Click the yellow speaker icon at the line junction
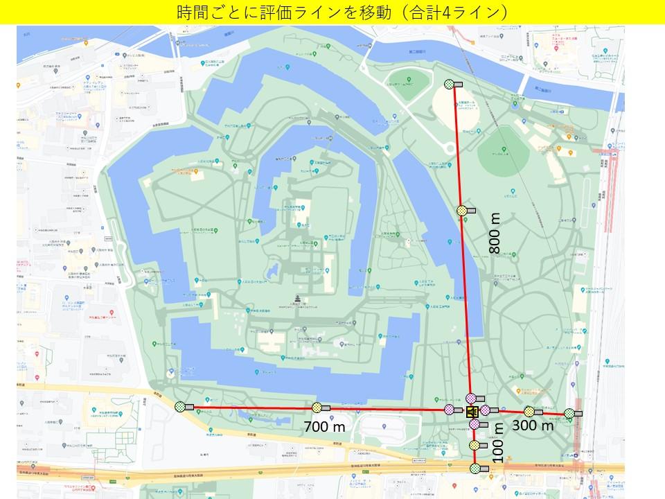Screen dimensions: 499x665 coord(472,412)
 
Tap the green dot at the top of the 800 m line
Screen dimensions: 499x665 coord(449,84)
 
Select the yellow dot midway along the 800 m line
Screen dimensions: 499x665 coord(461,210)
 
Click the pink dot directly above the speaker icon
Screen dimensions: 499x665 coord(471,398)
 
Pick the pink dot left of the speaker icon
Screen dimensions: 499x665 coord(449,410)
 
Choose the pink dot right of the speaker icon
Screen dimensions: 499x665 coord(486,410)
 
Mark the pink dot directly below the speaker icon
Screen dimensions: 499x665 coord(474,423)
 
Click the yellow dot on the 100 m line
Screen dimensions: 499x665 coord(474,445)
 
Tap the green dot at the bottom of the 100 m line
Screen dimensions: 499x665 coord(475,469)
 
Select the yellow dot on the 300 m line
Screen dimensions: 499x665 coord(529,411)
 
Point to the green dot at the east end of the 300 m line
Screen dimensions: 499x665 coord(569,413)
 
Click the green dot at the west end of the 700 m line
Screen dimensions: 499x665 coord(180,407)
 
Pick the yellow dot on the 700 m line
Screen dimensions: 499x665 coord(317,408)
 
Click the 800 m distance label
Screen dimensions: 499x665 coord(495,233)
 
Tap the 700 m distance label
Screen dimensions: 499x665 coord(324,427)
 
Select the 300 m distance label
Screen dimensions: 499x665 coord(533,426)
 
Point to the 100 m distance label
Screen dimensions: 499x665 coord(497,443)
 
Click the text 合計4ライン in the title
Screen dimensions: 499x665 coord(456,12)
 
